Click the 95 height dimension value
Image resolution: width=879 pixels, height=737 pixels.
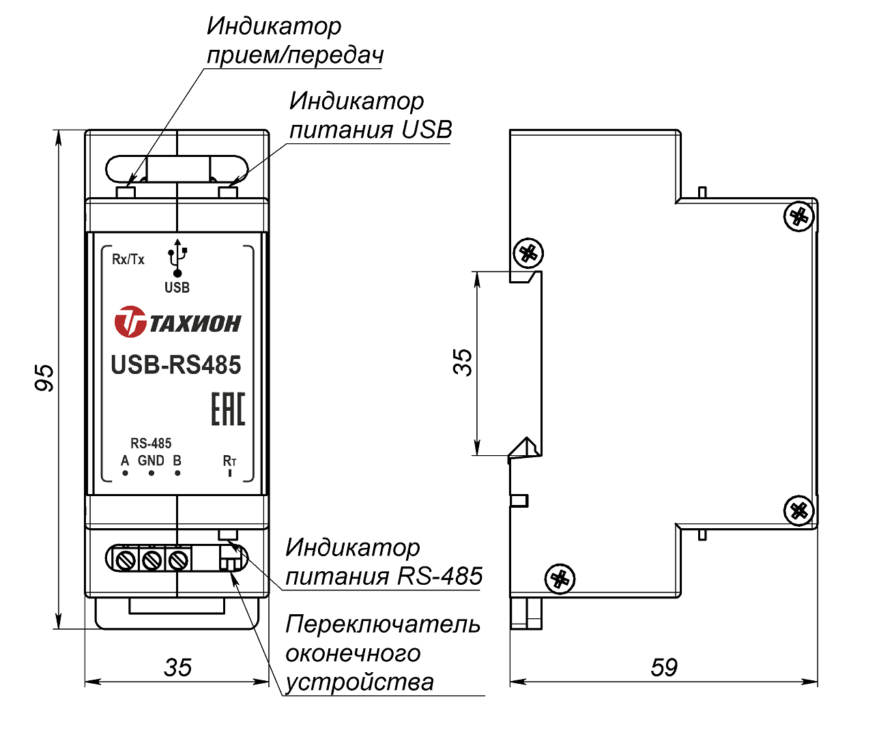(44, 377)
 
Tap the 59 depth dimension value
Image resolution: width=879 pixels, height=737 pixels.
(663, 667)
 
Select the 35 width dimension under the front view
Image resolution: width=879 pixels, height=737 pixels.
(177, 667)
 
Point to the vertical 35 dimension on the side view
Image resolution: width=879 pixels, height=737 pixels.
(463, 362)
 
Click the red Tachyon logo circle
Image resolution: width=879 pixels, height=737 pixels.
(130, 322)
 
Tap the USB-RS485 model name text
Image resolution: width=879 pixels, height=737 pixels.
(176, 365)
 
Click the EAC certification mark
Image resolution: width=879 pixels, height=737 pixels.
(227, 409)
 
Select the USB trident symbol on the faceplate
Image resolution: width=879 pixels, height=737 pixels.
(177, 259)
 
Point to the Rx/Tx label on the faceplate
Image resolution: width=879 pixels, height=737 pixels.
(128, 259)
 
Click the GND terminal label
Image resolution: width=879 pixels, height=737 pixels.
(151, 461)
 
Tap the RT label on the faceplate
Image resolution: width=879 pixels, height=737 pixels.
(229, 461)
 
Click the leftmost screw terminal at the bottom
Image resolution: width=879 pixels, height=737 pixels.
(125, 560)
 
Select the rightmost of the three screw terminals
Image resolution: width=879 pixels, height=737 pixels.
(177, 560)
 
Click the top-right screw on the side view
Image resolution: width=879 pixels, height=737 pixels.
(798, 218)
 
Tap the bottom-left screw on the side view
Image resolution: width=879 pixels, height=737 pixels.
(560, 579)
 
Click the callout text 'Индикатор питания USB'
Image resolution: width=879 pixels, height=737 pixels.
(370, 115)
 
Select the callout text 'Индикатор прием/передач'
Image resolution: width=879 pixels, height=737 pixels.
(294, 40)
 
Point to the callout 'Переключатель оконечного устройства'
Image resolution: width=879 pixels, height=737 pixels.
(382, 653)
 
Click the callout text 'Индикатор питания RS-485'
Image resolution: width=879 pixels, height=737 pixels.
(384, 562)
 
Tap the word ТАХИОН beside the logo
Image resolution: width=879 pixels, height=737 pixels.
(195, 323)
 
